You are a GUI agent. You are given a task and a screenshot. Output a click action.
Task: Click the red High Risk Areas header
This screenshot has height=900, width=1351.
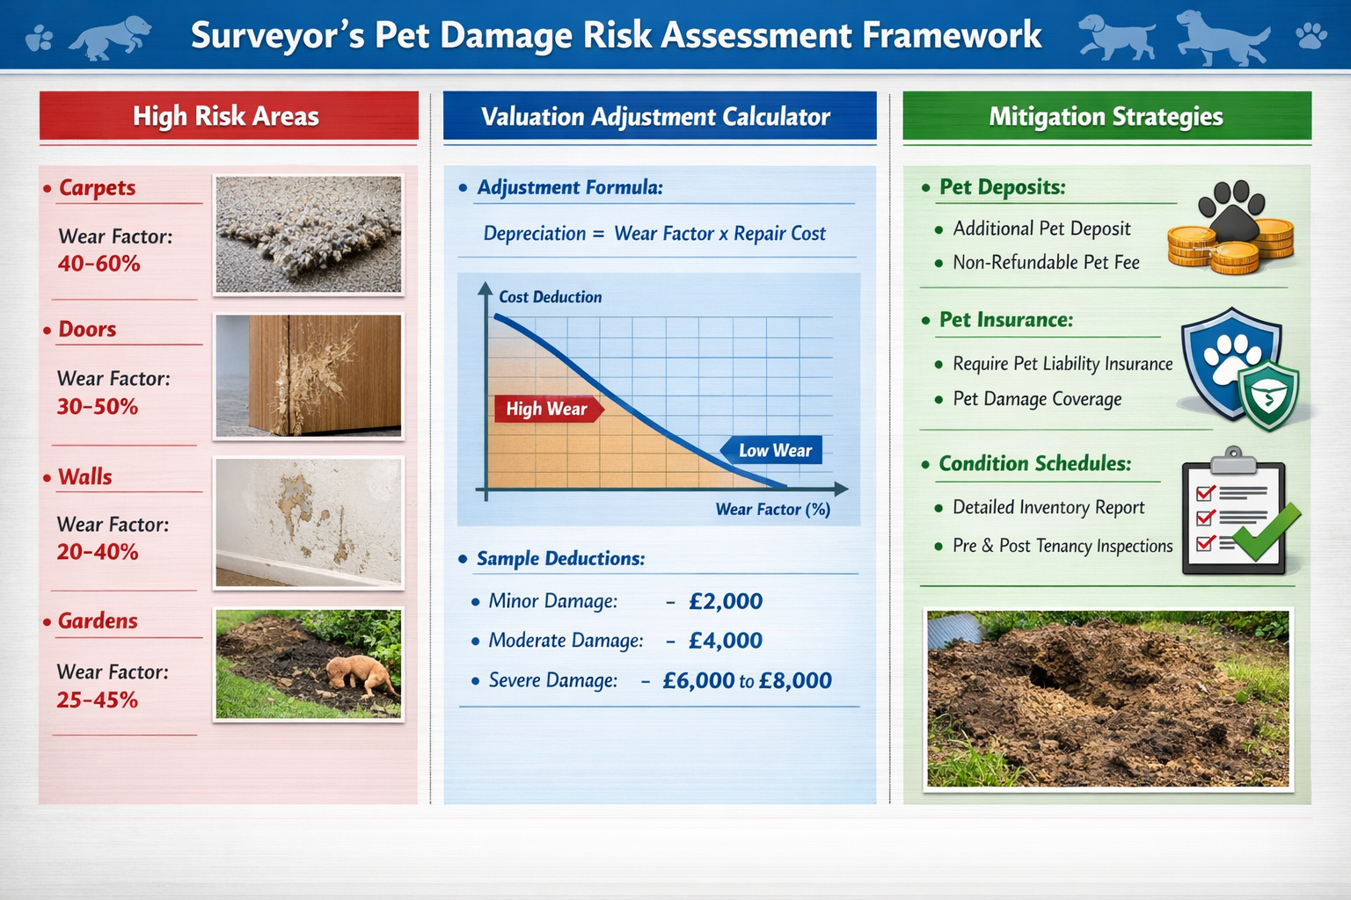pos(228,116)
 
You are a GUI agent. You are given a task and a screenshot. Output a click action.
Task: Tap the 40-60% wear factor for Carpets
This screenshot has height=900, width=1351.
pos(99,264)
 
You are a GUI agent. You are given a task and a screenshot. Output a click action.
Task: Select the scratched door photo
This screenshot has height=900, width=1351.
pos(309,376)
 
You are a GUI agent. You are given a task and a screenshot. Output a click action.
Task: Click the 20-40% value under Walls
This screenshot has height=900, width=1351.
pos(98,552)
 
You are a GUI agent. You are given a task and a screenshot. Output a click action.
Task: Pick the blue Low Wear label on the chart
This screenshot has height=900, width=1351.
pos(773,451)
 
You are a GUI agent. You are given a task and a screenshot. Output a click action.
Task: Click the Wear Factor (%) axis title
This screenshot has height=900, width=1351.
pos(772,510)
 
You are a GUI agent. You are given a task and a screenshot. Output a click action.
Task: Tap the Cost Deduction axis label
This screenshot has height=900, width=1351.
pos(550,297)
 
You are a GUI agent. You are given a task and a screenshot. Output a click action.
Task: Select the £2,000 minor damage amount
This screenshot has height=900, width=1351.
pos(726,601)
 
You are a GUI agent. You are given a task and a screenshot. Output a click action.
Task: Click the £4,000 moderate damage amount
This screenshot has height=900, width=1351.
pos(726,641)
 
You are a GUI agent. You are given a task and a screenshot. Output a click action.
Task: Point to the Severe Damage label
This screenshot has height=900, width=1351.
pos(552,680)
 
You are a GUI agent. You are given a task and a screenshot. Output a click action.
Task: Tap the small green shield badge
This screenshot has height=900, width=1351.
pos(1268,396)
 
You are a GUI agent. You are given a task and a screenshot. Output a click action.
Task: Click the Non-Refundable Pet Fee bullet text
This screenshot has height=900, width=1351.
pos(1046,263)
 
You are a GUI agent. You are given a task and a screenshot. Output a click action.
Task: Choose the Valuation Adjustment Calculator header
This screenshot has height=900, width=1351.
pos(655,117)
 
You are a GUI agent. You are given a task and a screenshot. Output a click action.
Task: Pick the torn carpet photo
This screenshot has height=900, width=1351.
pos(309,235)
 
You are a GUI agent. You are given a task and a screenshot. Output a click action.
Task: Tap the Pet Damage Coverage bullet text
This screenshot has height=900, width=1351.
pos(1037,399)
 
